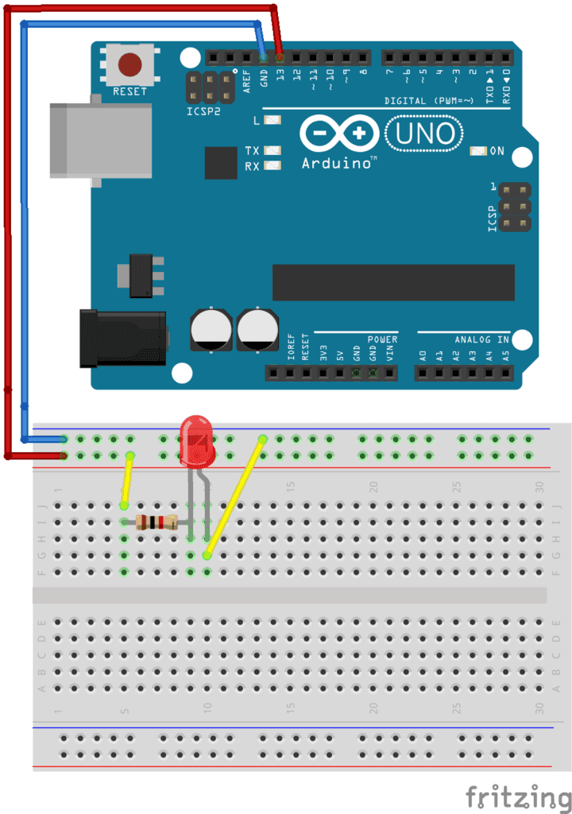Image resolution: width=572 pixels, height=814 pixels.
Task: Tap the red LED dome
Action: (x=197, y=441)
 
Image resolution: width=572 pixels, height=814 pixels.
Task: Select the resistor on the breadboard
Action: (x=156, y=522)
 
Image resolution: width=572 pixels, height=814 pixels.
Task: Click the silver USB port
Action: (x=100, y=140)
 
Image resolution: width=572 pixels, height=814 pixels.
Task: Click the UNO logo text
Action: (x=425, y=134)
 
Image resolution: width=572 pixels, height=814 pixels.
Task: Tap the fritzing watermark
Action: (x=518, y=795)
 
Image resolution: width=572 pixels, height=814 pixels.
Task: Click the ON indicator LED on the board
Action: (x=478, y=150)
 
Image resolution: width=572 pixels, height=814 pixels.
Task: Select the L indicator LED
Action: (x=272, y=121)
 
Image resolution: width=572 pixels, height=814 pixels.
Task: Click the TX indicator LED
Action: (x=272, y=150)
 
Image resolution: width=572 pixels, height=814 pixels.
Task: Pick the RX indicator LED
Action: (x=272, y=166)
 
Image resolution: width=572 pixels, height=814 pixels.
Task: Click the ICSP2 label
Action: (x=203, y=112)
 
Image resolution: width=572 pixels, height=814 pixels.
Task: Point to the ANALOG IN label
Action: (x=481, y=339)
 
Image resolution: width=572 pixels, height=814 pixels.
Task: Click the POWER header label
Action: (x=381, y=339)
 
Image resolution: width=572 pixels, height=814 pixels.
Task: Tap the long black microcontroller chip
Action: (x=393, y=282)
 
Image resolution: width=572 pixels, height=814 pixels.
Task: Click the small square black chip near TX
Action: (x=221, y=162)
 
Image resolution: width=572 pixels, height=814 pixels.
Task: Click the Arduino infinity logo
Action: (x=339, y=134)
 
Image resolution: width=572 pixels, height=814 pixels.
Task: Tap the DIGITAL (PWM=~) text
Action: (x=429, y=101)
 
